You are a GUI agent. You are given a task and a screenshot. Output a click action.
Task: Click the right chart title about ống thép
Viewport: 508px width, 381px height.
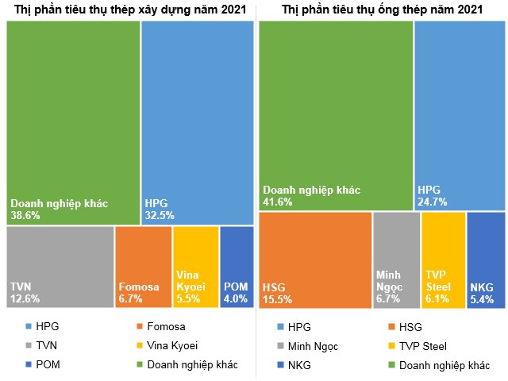(381, 10)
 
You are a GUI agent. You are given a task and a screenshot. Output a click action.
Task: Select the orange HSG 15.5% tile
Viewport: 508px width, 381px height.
(315, 260)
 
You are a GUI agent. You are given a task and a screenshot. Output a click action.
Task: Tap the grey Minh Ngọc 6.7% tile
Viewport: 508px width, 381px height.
(396, 260)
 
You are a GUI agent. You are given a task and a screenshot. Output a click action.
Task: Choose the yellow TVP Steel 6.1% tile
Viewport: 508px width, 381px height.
(443, 260)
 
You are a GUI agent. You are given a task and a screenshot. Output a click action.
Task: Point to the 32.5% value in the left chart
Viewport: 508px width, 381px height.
(160, 215)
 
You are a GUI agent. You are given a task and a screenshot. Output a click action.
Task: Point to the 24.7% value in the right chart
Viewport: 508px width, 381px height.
(433, 202)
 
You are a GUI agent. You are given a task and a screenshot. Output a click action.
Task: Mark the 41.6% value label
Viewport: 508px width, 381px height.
(278, 202)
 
